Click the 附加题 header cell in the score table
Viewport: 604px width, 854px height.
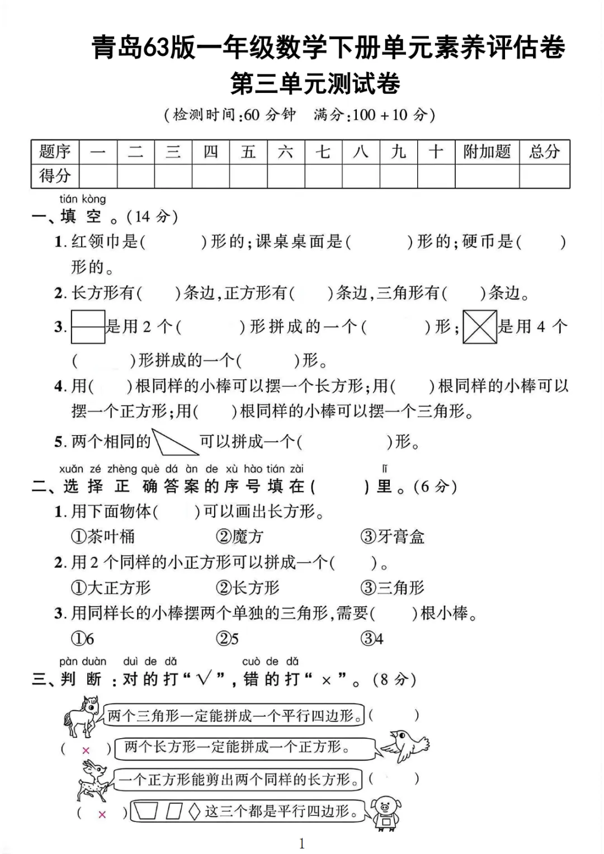[x=487, y=152]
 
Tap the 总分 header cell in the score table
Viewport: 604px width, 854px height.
[x=544, y=152]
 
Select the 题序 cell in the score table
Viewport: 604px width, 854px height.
[x=55, y=152]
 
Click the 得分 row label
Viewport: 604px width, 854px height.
[x=55, y=176]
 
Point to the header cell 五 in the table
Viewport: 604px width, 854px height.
[x=248, y=152]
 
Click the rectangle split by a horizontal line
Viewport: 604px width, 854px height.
[x=88, y=327]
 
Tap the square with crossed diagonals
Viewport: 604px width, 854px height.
[x=480, y=327]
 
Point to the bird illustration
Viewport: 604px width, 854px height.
[x=406, y=746]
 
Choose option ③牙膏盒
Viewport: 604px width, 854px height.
[x=393, y=537]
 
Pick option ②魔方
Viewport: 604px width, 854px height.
[x=239, y=537]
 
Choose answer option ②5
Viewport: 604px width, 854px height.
[x=227, y=639]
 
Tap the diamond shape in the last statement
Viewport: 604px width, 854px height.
[x=194, y=811]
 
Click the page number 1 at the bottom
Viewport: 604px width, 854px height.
[x=302, y=843]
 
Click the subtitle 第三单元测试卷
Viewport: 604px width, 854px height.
[x=315, y=84]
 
